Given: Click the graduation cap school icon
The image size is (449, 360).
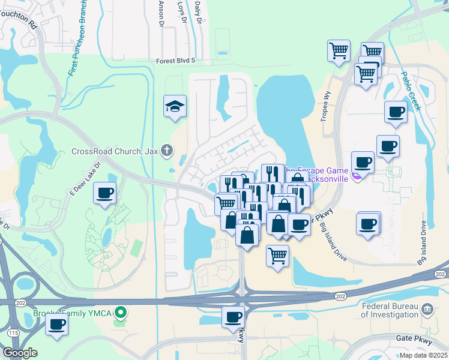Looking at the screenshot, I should pos(175,107).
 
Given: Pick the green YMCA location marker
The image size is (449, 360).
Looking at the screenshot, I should pos(121,313).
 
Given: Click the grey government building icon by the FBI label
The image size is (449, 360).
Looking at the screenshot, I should pos(427,310).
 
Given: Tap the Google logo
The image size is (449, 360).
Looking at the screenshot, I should pos(20,353).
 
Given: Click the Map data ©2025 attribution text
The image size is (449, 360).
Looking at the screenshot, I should pos(423,355).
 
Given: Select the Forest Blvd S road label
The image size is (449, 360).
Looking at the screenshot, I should pos(176,61).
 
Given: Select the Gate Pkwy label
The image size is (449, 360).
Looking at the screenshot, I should pos(412,338).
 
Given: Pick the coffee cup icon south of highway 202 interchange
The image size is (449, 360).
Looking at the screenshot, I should pos(233,317).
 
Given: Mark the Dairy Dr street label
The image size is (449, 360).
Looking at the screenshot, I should pos(199,10).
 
